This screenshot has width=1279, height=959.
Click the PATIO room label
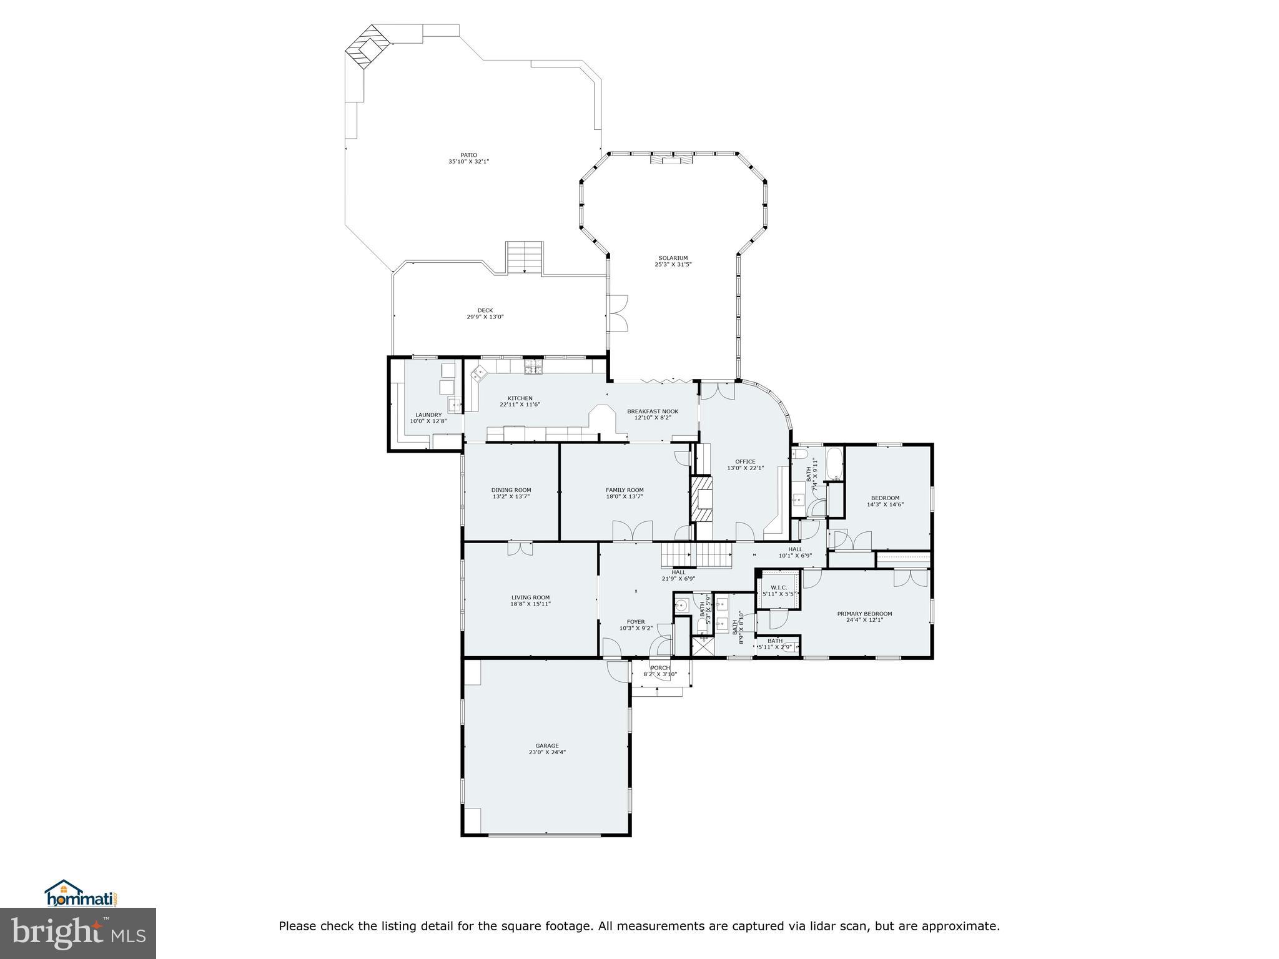(468, 155)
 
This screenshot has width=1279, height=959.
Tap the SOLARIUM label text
(673, 258)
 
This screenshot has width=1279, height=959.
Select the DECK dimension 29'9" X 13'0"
(485, 317)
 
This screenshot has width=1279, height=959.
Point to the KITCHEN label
(520, 398)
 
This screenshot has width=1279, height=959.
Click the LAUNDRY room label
(428, 415)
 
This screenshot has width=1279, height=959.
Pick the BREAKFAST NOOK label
(653, 411)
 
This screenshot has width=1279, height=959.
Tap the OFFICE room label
(745, 462)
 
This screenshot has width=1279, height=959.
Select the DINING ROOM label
(511, 490)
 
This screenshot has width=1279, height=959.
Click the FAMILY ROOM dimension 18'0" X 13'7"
(625, 497)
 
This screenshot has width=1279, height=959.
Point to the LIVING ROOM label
(530, 598)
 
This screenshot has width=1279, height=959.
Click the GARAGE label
(546, 745)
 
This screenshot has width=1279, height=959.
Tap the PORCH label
(660, 668)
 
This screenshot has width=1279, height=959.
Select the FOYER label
(636, 622)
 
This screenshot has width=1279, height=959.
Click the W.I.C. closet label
(779, 588)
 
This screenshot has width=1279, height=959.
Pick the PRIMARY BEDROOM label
(864, 614)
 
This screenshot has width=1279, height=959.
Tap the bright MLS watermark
(78, 933)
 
